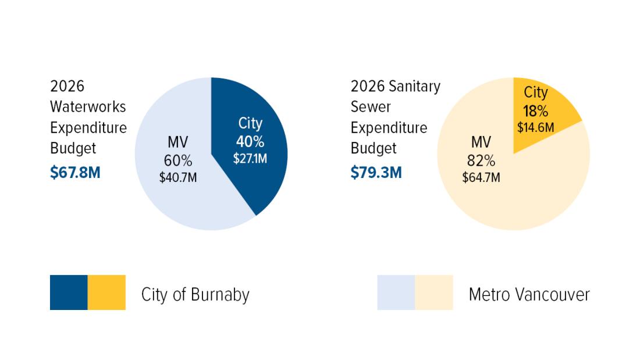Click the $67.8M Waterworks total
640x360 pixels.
click(75, 173)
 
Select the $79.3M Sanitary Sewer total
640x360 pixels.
click(376, 173)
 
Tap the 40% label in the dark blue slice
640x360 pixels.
click(250, 141)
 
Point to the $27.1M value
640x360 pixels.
click(250, 158)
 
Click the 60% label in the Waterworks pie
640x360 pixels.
click(178, 161)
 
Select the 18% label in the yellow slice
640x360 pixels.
click(535, 111)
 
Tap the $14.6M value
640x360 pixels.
click(535, 126)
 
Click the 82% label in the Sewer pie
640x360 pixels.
click(481, 161)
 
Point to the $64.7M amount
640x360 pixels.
click(481, 177)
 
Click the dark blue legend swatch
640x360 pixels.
click(69, 293)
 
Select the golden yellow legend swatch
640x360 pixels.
click(106, 293)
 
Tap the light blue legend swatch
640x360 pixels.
click(396, 293)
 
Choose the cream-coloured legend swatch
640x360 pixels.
click(434, 293)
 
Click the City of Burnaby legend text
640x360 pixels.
click(195, 295)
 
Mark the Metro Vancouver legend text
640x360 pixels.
click(529, 295)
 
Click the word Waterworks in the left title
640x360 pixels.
click(88, 107)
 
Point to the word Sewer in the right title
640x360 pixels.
click(371, 107)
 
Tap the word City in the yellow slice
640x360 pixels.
click(536, 92)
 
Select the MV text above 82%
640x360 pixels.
click(481, 142)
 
